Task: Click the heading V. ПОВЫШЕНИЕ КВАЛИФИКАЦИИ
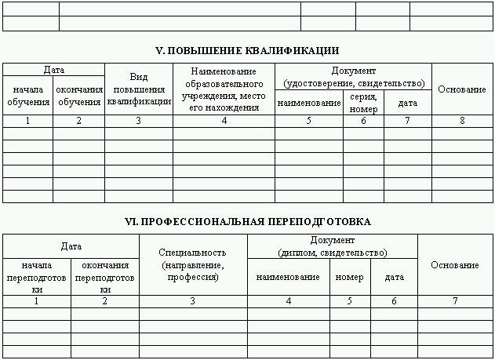coord(247,50)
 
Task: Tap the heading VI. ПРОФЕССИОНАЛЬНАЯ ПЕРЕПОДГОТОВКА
coord(247,222)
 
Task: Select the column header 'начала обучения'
coord(27,96)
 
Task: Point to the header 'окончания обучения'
coord(78,96)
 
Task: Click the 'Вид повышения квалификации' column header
coord(139,89)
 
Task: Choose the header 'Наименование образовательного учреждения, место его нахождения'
coord(224,89)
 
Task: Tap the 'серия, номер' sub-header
coord(363,103)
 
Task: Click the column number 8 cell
coord(462,121)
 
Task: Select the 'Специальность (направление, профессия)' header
coord(193,265)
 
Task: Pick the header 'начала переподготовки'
coord(37,278)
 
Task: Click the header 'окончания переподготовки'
coord(105,278)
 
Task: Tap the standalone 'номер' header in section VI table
coord(349,278)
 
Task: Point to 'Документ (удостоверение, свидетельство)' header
coord(353,77)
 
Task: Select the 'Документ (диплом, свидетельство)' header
coord(333,246)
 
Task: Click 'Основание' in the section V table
coord(462,89)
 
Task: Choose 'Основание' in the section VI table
coord(455,265)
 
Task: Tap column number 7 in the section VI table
coord(455,301)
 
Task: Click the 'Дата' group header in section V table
coord(53,70)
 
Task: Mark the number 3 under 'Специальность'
coord(193,301)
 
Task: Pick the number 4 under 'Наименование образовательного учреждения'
coord(224,121)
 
